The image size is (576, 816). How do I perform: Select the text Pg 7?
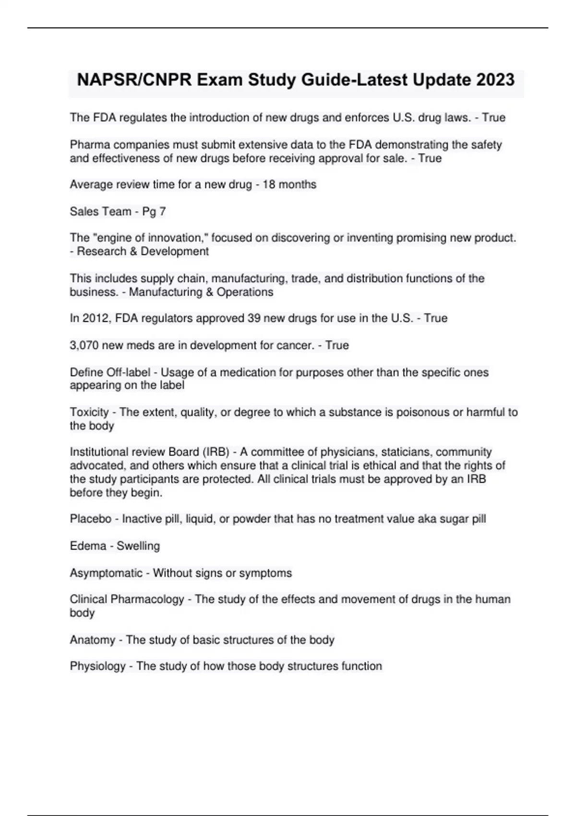(154, 212)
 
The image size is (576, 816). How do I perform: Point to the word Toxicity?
(89, 412)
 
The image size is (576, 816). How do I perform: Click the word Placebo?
(91, 519)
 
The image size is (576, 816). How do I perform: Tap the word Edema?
(88, 546)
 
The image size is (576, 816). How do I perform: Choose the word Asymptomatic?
(106, 573)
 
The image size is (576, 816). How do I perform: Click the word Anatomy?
(92, 640)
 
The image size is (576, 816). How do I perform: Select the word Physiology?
(97, 666)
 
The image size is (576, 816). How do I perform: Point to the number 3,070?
(84, 346)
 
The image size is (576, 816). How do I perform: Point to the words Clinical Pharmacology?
(127, 600)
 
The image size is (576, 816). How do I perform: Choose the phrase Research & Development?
(143, 252)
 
